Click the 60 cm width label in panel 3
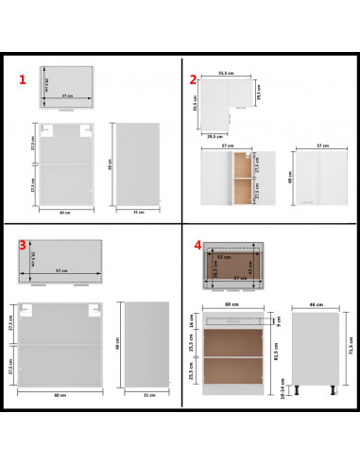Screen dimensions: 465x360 coord(60,393)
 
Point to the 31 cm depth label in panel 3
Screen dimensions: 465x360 coord(146,393)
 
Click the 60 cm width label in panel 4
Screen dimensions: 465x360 coord(232,305)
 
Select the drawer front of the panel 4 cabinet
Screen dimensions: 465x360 coord(232,319)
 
